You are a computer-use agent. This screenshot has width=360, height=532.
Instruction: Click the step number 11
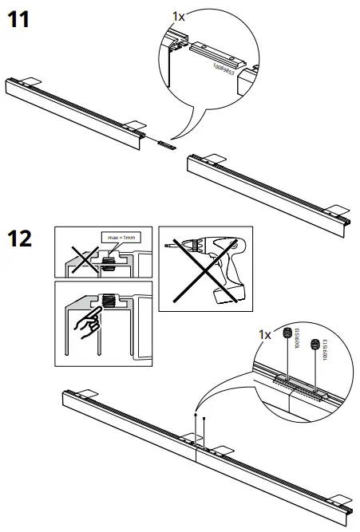[x=18, y=20]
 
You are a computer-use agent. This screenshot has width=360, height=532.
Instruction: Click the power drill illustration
[x=216, y=266]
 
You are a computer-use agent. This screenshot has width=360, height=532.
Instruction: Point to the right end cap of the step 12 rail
[x=346, y=507]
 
